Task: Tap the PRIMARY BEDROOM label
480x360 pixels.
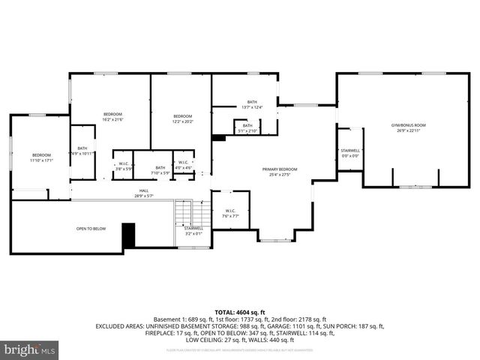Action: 280,169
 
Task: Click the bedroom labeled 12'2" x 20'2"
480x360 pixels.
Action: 183,119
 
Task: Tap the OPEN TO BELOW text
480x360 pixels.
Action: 91,228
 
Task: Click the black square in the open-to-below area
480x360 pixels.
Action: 127,235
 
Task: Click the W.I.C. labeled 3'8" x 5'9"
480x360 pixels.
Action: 123,165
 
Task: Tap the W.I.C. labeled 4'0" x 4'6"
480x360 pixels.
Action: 183,165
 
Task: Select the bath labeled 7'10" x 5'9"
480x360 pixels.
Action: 160,170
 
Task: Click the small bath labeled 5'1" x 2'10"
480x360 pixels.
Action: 247,127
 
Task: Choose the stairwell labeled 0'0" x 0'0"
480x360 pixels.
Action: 350,153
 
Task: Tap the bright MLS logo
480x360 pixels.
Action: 30,350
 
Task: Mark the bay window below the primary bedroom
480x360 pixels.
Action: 271,239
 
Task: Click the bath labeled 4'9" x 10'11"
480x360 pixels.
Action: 82,153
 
